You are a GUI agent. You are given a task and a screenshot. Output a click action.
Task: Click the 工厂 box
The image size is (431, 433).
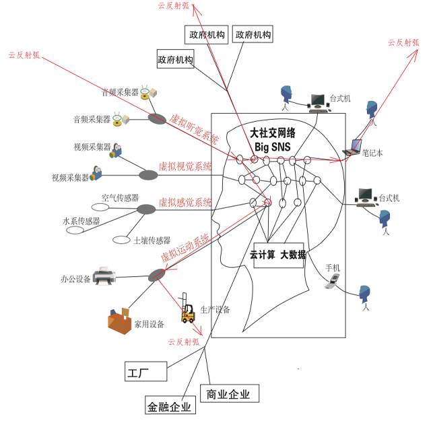pos(137,371)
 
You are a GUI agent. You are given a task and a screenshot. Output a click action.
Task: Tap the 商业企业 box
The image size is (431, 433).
pos(229,395)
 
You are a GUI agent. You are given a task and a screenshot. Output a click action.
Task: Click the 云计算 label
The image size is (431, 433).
pos(263,255)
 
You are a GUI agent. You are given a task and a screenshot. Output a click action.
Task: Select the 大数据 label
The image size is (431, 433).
pos(293,255)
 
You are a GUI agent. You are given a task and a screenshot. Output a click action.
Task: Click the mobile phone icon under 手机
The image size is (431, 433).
pos(331,284)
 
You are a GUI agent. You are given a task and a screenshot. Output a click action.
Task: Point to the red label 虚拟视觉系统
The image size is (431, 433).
pos(185,165)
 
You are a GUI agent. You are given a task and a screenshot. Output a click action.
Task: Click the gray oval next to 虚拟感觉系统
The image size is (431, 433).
pos(146,209)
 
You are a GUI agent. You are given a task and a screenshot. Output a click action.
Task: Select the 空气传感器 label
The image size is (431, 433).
pos(120,198)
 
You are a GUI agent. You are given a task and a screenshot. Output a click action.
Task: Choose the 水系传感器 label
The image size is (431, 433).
pos(81,221)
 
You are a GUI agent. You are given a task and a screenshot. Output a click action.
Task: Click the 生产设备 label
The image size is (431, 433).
pos(215,310)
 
